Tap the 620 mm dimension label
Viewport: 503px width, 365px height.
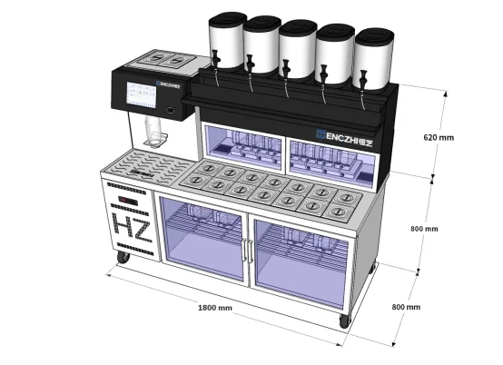click(439, 137)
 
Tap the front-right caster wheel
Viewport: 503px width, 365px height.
click(345, 321)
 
